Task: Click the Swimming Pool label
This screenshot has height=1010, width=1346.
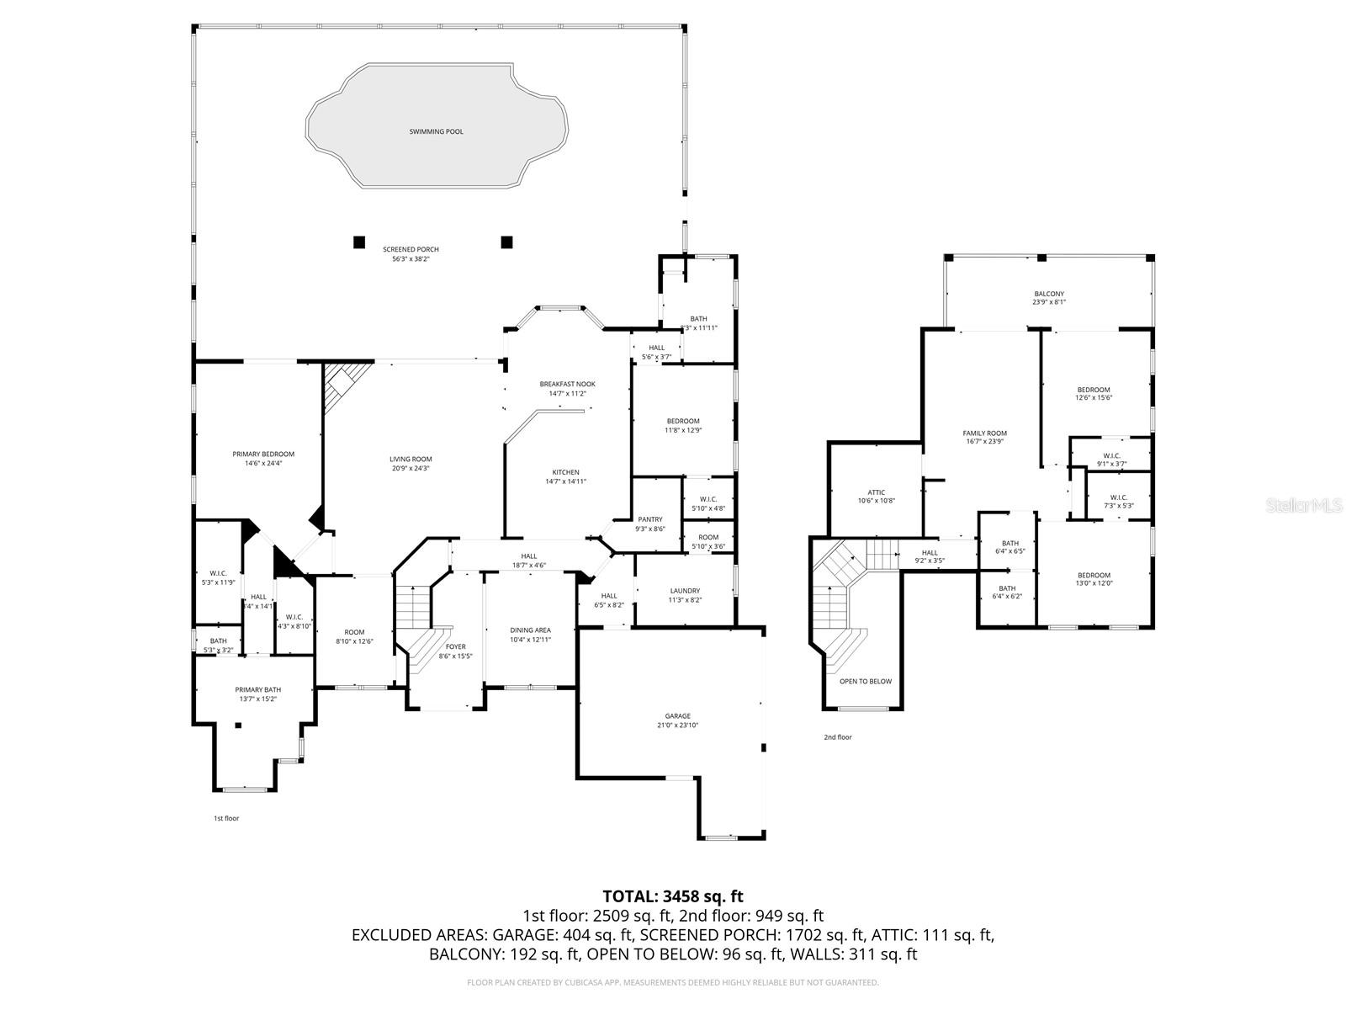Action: pos(436,132)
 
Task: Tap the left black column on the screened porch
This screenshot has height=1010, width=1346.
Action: pos(359,242)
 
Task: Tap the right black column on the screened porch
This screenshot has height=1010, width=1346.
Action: pos(506,242)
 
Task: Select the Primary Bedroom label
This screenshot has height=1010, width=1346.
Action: pos(263,454)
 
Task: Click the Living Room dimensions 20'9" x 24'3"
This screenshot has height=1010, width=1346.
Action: pos(411,469)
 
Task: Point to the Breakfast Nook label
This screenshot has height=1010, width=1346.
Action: pos(567,384)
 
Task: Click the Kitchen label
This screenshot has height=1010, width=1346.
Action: pos(565,472)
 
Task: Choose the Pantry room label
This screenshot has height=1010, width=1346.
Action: pos(650,519)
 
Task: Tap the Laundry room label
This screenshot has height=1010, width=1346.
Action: pos(685,591)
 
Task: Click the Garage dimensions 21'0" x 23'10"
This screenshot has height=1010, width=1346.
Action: pos(678,726)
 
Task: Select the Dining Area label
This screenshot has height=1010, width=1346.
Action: pos(530,630)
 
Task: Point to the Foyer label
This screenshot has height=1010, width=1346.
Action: pos(455,647)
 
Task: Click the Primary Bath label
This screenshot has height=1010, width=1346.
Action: pos(257,689)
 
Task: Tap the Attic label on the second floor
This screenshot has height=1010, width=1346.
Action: pos(876,492)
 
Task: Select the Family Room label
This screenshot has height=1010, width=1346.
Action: pos(984,433)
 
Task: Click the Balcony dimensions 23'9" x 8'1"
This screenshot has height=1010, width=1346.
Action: pos(1049,303)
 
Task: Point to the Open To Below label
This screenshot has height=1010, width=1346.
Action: pos(865,681)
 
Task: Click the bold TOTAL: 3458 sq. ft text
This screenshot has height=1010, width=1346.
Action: pos(673,896)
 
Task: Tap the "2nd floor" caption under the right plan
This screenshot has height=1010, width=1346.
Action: pos(837,737)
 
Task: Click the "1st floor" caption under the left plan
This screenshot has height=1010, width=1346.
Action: pos(225,818)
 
